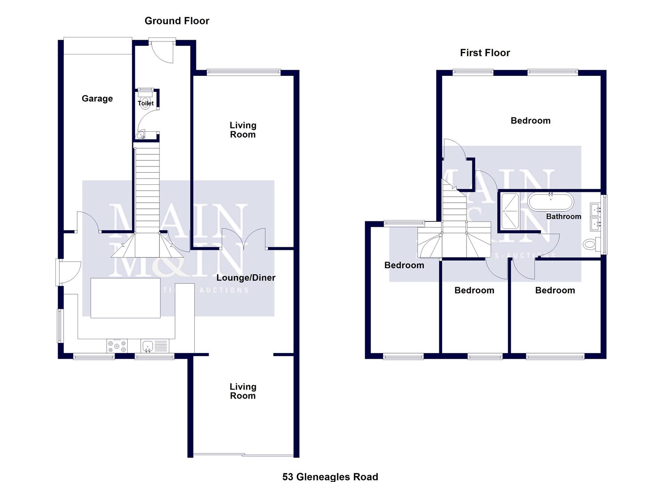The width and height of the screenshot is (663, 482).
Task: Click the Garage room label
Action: pyautogui.click(x=97, y=99)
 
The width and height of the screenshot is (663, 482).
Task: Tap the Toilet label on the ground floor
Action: pyautogui.click(x=146, y=103)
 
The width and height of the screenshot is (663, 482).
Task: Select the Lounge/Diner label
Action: pyautogui.click(x=246, y=278)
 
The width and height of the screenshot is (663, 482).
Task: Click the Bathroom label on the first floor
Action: pyautogui.click(x=563, y=216)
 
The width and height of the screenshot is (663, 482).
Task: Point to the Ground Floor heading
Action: pyautogui.click(x=177, y=21)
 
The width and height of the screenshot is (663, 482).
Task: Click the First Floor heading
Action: pyautogui.click(x=485, y=53)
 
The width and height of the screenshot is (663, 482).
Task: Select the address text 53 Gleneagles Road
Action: pyautogui.click(x=330, y=477)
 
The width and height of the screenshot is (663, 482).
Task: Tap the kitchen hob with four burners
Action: pyautogui.click(x=117, y=345)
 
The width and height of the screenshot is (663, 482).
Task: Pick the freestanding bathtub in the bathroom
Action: pyautogui.click(x=550, y=202)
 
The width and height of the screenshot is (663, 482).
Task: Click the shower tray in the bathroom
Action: pyautogui.click(x=510, y=211)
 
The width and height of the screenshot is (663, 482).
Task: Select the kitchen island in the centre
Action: pyautogui.click(x=125, y=298)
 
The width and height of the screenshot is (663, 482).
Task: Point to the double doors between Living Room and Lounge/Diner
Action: pyautogui.click(x=244, y=239)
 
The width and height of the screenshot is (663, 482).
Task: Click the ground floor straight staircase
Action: pyautogui.click(x=147, y=187)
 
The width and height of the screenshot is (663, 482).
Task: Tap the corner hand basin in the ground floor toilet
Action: pyautogui.click(x=141, y=135)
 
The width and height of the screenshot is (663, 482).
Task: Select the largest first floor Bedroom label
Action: pyautogui.click(x=530, y=120)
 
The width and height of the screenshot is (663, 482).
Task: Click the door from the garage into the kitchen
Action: pyautogui.click(x=88, y=222)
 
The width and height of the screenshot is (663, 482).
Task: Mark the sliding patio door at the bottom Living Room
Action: pyautogui.click(x=244, y=455)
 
